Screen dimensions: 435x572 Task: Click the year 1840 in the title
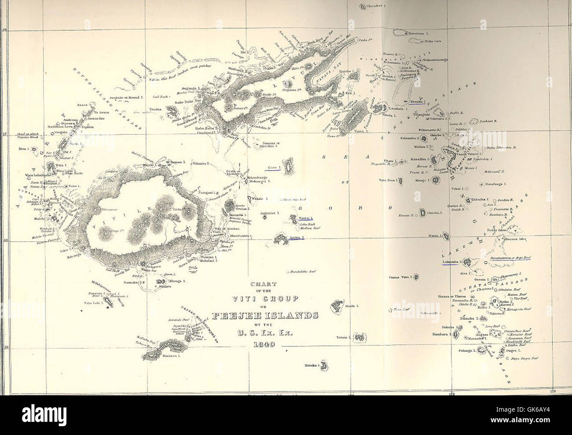click(x=264, y=345)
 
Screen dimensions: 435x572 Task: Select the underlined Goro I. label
click(x=273, y=168)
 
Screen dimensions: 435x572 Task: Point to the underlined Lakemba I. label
click(x=450, y=262)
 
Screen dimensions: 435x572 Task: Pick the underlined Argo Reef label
click(x=511, y=257)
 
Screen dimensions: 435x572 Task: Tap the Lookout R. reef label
click(x=488, y=120)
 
